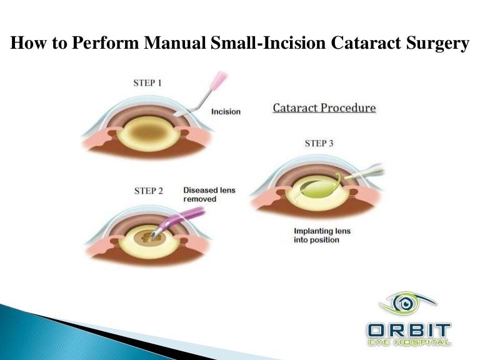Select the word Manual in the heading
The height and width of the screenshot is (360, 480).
[180, 44]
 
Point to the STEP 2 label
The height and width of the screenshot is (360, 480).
[149, 191]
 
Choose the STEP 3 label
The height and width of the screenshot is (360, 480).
[319, 143]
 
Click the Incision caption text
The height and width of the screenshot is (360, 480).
[226, 112]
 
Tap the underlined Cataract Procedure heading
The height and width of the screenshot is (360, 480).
[324, 108]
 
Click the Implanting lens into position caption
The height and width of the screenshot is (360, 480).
[322, 236]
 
